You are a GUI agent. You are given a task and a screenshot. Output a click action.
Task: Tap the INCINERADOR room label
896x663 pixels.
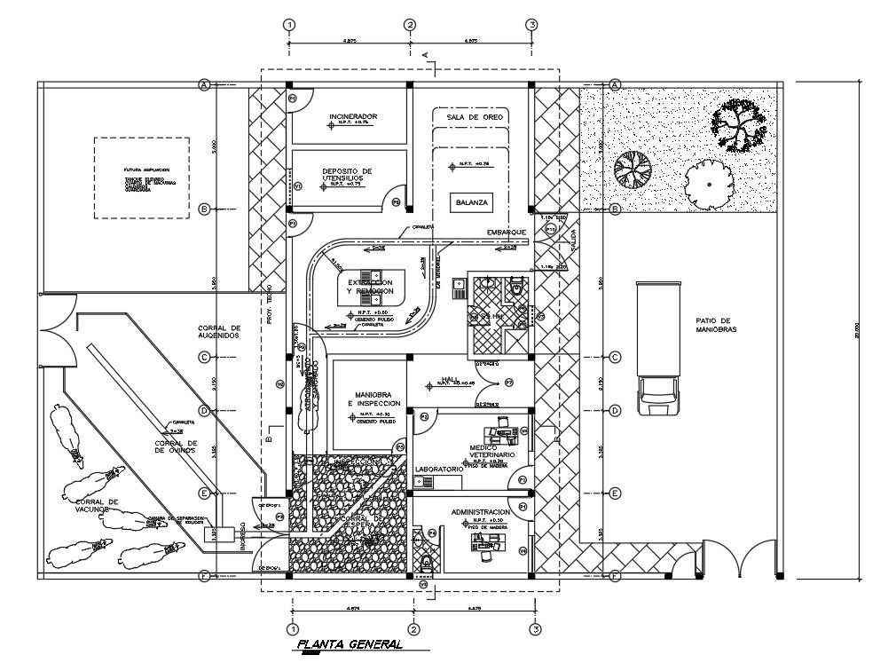tap(354, 116)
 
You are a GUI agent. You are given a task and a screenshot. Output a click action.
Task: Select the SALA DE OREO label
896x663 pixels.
tap(475, 116)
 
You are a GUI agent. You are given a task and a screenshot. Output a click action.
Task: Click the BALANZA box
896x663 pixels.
tap(471, 202)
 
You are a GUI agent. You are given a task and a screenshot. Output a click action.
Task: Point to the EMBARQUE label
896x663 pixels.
tap(507, 233)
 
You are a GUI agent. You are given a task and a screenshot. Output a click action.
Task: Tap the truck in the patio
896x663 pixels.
tap(657, 349)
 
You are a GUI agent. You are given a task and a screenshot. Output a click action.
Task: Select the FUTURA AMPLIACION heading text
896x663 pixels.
tap(146, 170)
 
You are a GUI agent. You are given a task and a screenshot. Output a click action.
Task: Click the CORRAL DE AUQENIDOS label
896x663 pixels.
tap(219, 332)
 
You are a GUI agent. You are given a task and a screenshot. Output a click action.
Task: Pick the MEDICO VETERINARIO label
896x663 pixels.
tap(485, 450)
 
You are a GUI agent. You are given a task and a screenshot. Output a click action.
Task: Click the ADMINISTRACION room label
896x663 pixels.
tap(480, 512)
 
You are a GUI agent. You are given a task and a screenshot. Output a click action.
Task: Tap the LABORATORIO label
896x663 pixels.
tap(438, 468)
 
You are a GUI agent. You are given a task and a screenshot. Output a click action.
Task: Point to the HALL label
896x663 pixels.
tap(450, 379)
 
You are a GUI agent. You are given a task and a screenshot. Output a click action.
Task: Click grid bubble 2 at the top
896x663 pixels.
tap(410, 25)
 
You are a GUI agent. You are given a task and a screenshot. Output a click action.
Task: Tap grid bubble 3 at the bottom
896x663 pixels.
tap(533, 629)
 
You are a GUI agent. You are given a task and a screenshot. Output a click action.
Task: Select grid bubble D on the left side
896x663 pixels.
tap(204, 410)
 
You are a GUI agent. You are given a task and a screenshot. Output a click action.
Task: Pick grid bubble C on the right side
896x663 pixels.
tap(615, 357)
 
